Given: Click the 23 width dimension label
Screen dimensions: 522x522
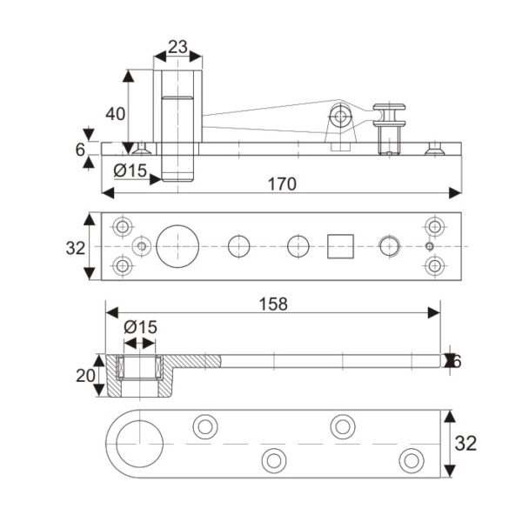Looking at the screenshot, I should click(x=177, y=48).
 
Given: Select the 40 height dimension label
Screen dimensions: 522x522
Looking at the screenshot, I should click(x=115, y=112).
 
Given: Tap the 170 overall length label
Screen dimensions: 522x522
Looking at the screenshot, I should click(x=283, y=184).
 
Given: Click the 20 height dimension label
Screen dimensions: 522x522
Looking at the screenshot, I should click(x=85, y=375).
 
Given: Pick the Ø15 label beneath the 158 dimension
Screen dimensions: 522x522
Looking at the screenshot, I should click(x=139, y=327).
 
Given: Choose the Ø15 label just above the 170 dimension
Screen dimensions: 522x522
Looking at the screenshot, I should click(x=130, y=169).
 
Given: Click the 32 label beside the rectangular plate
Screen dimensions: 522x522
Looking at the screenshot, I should click(x=76, y=247).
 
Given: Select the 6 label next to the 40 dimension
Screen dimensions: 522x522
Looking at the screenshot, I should click(x=81, y=149).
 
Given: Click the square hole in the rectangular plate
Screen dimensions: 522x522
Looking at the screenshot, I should click(x=340, y=247).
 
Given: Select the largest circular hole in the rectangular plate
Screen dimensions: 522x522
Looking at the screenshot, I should click(x=178, y=247).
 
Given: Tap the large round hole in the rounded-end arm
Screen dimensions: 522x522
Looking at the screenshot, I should click(x=139, y=444).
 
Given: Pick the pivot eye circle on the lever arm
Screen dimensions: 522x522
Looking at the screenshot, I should click(x=340, y=116).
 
